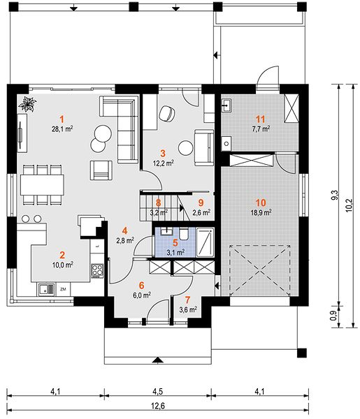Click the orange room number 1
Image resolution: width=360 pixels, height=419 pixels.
click(62, 119)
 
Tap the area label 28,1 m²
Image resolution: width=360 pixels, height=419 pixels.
click(62, 129)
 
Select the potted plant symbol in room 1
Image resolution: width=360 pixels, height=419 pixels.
click(27, 104)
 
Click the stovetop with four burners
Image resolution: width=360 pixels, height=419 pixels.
click(97, 270)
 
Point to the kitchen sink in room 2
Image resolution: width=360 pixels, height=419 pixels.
click(46, 289)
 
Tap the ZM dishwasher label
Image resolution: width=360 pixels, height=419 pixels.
click(63, 289)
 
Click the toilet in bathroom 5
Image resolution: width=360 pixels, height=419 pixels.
click(184, 234)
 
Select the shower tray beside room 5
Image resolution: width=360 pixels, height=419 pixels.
click(205, 242)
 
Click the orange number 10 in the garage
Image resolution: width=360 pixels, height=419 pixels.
click(261, 203)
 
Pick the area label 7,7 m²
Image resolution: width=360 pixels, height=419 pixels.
click(261, 128)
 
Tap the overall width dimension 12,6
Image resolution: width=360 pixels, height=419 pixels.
click(158, 406)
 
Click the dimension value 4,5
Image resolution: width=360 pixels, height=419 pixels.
click(158, 392)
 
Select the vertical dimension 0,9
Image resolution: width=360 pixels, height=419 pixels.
click(334, 315)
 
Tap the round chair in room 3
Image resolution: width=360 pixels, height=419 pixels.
click(167, 114)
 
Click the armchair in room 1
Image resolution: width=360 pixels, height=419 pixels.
click(101, 170)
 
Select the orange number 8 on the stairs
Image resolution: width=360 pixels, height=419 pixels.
click(159, 203)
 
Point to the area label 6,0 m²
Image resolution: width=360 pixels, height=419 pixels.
click(141, 295)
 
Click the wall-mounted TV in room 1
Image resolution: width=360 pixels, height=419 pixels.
click(20, 134)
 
